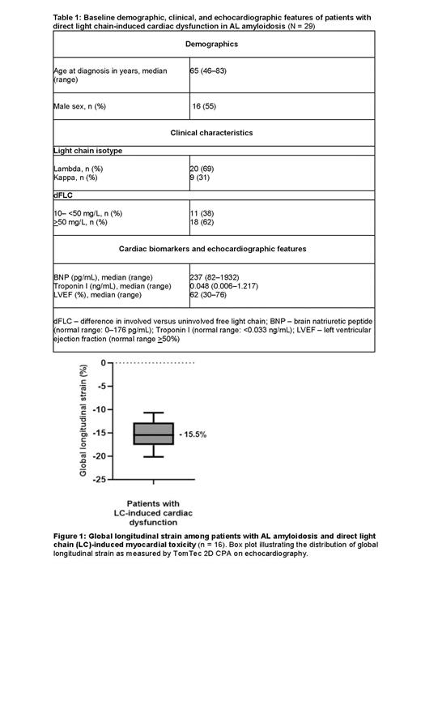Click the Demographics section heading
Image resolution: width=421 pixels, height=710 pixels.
point(210,44)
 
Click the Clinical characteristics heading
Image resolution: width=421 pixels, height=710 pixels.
point(210,133)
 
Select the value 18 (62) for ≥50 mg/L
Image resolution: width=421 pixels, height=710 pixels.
point(202,222)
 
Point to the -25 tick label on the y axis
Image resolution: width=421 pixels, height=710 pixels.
point(102,480)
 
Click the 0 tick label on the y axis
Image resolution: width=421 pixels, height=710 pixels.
point(105,363)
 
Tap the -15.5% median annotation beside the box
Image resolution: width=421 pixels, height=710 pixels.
point(193,435)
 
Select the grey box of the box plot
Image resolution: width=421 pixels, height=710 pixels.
point(154,434)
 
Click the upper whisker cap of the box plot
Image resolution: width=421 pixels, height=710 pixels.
point(154,413)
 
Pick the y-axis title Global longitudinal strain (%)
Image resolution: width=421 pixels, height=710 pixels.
point(83,420)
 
